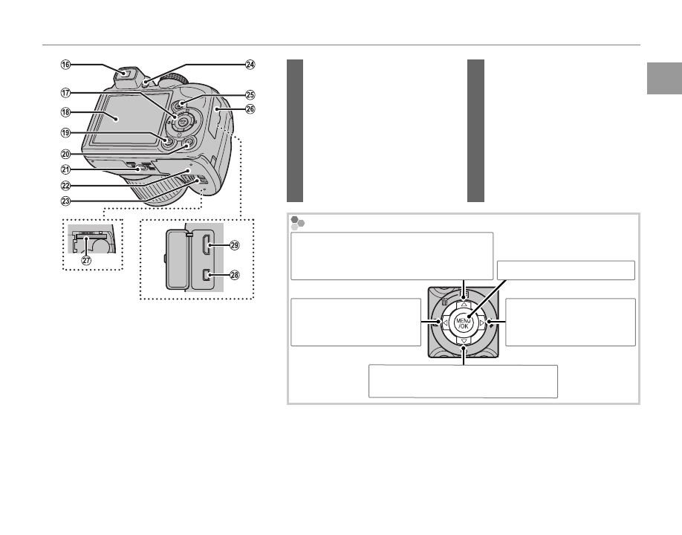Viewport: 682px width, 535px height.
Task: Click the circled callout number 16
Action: [66, 65]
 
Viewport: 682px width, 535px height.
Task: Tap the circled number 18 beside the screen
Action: [66, 113]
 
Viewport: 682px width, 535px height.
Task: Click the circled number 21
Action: [66, 170]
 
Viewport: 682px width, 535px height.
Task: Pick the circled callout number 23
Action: [66, 200]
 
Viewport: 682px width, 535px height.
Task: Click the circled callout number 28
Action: [235, 275]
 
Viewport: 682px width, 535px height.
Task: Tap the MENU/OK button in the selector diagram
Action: [464, 322]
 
